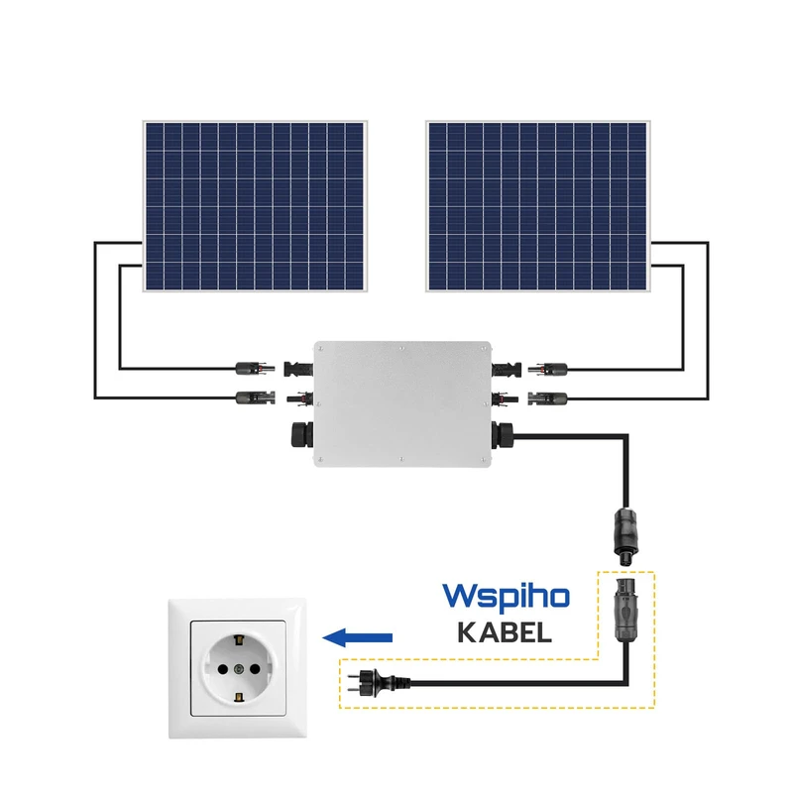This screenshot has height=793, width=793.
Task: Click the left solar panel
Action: tap(254, 206)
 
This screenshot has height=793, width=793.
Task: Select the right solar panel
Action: tap(537, 206)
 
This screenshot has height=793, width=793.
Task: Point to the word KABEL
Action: tap(504, 632)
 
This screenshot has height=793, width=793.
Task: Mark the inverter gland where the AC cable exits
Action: tap(505, 434)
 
